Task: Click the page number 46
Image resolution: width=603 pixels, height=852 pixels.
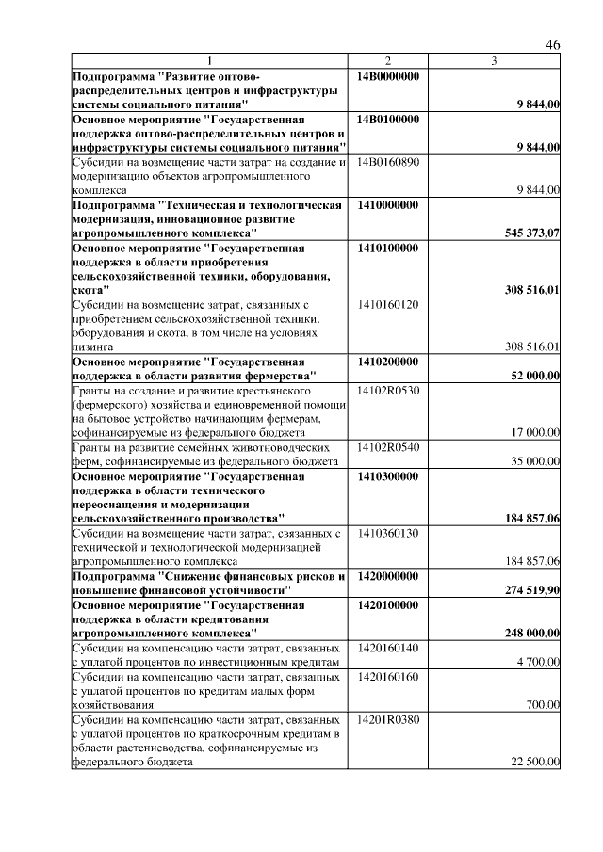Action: click(552, 44)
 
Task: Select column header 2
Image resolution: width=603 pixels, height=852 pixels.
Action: click(387, 61)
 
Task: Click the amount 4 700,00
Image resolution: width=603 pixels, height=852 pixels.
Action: click(540, 663)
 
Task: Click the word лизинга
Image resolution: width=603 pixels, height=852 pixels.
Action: click(92, 347)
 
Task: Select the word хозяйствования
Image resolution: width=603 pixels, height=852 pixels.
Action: click(112, 704)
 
